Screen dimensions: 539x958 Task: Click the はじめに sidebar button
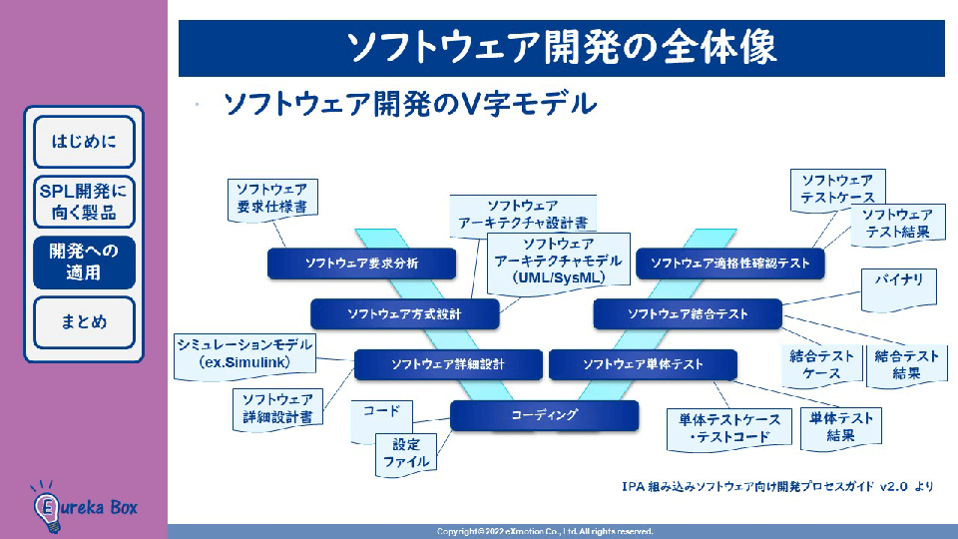[x=84, y=141]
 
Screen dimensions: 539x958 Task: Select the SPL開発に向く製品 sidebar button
[x=84, y=202]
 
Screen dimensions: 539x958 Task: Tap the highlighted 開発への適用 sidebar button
[x=84, y=262]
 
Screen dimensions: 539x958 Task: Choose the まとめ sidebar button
[x=84, y=322]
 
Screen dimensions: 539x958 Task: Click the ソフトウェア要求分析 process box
[x=361, y=264]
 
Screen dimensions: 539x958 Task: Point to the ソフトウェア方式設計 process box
[x=404, y=314]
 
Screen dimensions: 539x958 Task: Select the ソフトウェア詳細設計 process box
[x=448, y=365]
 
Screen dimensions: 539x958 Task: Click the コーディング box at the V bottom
[x=544, y=414]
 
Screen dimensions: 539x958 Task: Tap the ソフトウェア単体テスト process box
[x=643, y=365]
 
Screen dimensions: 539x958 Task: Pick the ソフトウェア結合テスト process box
[x=688, y=314]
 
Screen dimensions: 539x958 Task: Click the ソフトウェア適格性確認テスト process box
[x=730, y=264]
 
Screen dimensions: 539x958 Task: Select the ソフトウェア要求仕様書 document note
[x=271, y=198]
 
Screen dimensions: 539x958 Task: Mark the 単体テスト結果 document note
[x=840, y=427]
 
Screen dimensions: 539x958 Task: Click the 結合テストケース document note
[x=821, y=365]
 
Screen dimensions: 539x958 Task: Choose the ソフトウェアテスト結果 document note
[x=897, y=223]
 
